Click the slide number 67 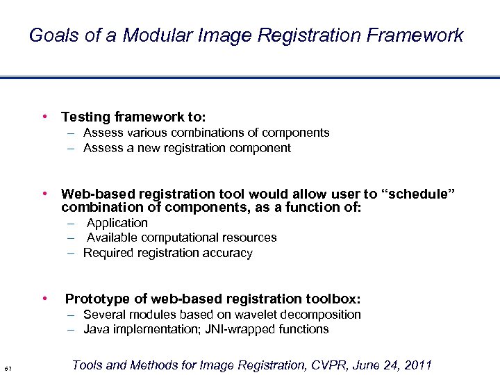(x=7, y=367)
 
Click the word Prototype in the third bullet (x=97, y=299)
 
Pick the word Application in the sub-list (x=117, y=223)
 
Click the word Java (x=97, y=329)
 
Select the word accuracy (x=228, y=253)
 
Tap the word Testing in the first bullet (x=85, y=117)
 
